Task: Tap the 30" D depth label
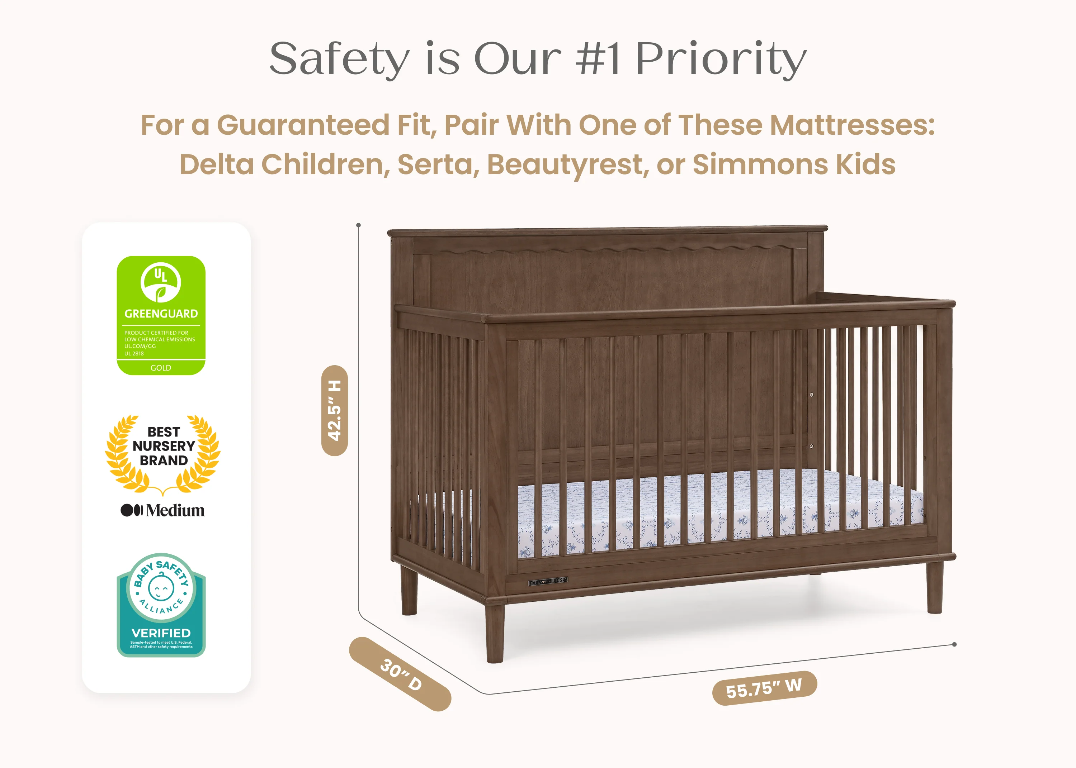coord(400,673)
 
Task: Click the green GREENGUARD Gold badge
coord(161,315)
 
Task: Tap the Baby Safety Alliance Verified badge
coord(161,605)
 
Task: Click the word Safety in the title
coord(339,59)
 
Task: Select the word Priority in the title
coord(721,59)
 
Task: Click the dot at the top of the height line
coord(359,225)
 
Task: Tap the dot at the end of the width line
coord(954,644)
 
